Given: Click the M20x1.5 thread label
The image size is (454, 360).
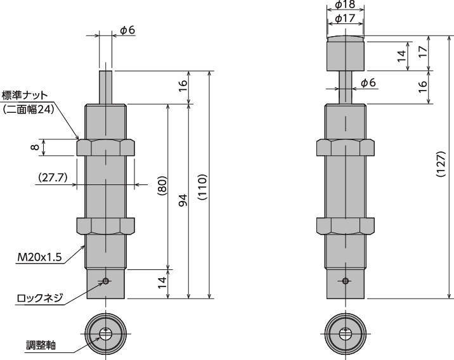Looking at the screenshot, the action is [39, 257].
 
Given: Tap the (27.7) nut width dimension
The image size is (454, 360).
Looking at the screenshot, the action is [53, 177].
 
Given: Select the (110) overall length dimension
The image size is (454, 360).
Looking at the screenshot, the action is [202, 187].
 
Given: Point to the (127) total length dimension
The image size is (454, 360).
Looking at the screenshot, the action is [441, 164].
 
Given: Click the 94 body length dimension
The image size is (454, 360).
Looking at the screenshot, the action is [183, 200].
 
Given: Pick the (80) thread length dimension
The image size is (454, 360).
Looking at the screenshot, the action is [162, 186].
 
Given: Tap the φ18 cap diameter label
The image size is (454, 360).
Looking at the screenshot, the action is [345, 4].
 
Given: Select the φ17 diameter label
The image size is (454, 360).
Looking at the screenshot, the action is [345, 18].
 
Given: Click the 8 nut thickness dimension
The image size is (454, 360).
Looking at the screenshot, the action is [35, 147].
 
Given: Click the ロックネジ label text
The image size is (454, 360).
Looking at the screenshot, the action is [40, 298].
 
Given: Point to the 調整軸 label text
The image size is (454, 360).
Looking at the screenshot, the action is [41, 345].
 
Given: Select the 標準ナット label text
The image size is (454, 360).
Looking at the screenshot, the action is [25, 95].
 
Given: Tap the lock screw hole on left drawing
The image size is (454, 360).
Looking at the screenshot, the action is [106, 281].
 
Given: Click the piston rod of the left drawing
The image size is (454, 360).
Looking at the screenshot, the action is [106, 87].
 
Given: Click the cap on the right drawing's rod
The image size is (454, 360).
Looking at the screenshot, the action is [346, 53].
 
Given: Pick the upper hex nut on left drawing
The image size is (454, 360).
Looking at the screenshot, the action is [106, 148].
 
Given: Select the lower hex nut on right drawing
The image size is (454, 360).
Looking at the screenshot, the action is [346, 226].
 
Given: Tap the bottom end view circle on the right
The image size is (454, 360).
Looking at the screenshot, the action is [346, 333].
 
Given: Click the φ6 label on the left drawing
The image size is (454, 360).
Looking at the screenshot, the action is [127, 30].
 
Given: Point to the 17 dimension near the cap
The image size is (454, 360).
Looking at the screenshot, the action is [423, 53].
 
